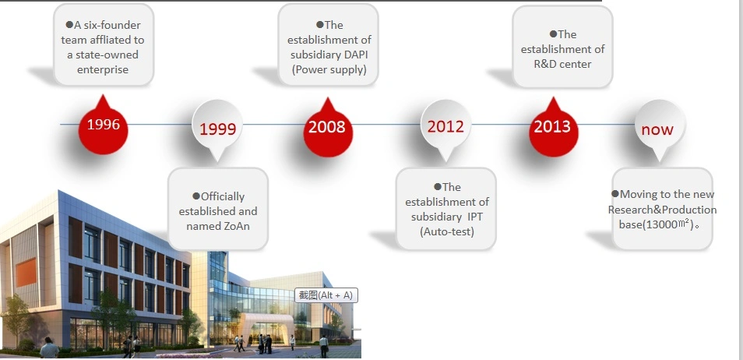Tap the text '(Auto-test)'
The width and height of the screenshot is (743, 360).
click(x=447, y=232)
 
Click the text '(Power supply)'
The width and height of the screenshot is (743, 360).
click(x=329, y=69)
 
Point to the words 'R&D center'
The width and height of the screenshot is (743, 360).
click(x=562, y=64)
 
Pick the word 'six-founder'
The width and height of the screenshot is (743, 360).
click(x=113, y=25)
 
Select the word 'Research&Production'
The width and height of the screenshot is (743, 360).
click(x=663, y=210)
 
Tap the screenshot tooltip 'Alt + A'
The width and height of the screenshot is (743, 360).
click(x=326, y=295)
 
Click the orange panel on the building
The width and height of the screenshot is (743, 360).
click(x=26, y=272)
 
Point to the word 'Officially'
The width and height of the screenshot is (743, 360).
click(x=223, y=197)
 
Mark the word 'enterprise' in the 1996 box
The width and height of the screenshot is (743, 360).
click(x=103, y=69)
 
